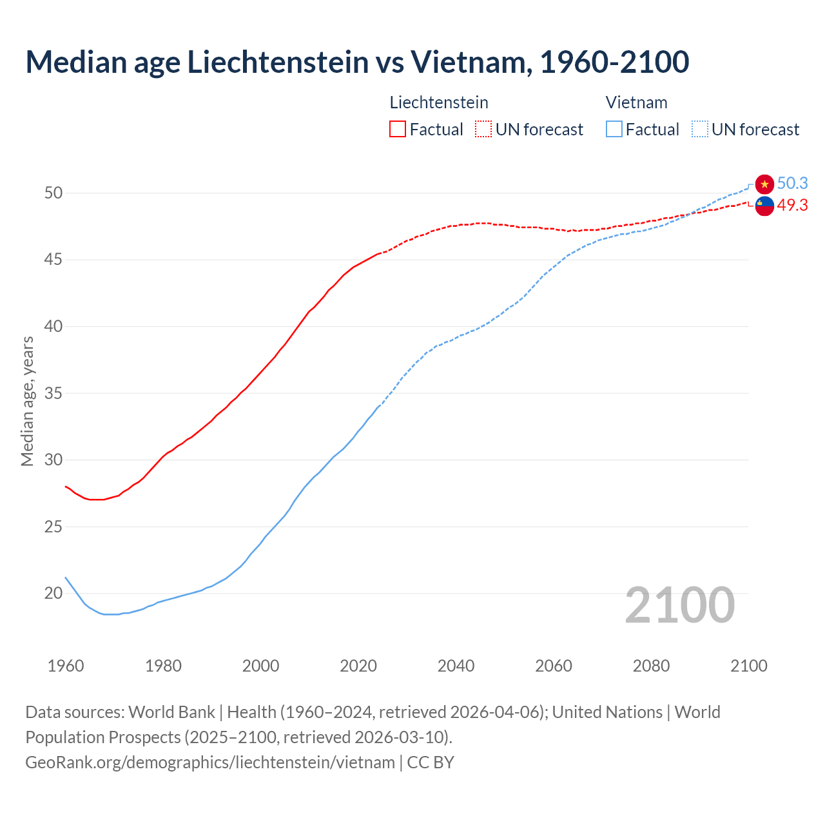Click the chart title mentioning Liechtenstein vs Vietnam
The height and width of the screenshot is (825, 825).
[357, 62]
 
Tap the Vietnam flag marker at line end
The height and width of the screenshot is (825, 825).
[764, 184]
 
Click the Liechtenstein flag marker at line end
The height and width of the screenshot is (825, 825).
[764, 206]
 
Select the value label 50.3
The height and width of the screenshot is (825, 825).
[792, 184]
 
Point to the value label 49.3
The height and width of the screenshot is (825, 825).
[792, 206]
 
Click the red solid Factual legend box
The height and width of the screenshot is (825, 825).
[398, 130]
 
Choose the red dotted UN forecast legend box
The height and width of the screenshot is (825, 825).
[483, 130]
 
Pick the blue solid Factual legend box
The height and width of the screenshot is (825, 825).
[614, 130]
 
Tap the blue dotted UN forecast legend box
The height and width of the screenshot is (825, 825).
[700, 130]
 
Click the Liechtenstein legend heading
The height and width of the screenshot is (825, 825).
[439, 102]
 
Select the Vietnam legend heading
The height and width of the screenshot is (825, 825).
[636, 102]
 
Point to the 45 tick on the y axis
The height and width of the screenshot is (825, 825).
[53, 260]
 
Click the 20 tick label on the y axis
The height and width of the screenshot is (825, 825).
[53, 593]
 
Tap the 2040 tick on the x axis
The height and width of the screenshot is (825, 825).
[456, 666]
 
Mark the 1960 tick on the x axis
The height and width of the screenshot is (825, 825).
[66, 666]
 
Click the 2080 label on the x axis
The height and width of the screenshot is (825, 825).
[651, 666]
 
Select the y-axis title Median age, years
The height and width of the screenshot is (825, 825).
[27, 401]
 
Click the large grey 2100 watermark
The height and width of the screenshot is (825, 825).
[679, 605]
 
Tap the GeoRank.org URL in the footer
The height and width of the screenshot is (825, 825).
[210, 762]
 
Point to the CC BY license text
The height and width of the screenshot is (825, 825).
[431, 762]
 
